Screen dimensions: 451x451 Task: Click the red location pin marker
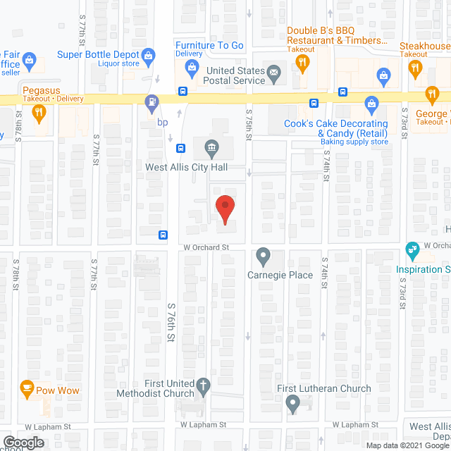225,209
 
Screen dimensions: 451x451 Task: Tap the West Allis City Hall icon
211,147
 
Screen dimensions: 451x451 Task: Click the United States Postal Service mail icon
273,71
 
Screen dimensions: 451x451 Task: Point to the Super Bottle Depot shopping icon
149,55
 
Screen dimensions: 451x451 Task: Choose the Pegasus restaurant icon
39,111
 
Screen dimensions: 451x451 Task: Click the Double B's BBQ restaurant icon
303,63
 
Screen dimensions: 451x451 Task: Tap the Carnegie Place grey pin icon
263,255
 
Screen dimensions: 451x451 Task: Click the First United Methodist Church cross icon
203,386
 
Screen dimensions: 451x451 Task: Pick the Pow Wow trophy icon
27,388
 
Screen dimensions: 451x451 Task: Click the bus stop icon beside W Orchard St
163,235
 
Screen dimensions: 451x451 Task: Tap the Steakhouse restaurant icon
414,70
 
